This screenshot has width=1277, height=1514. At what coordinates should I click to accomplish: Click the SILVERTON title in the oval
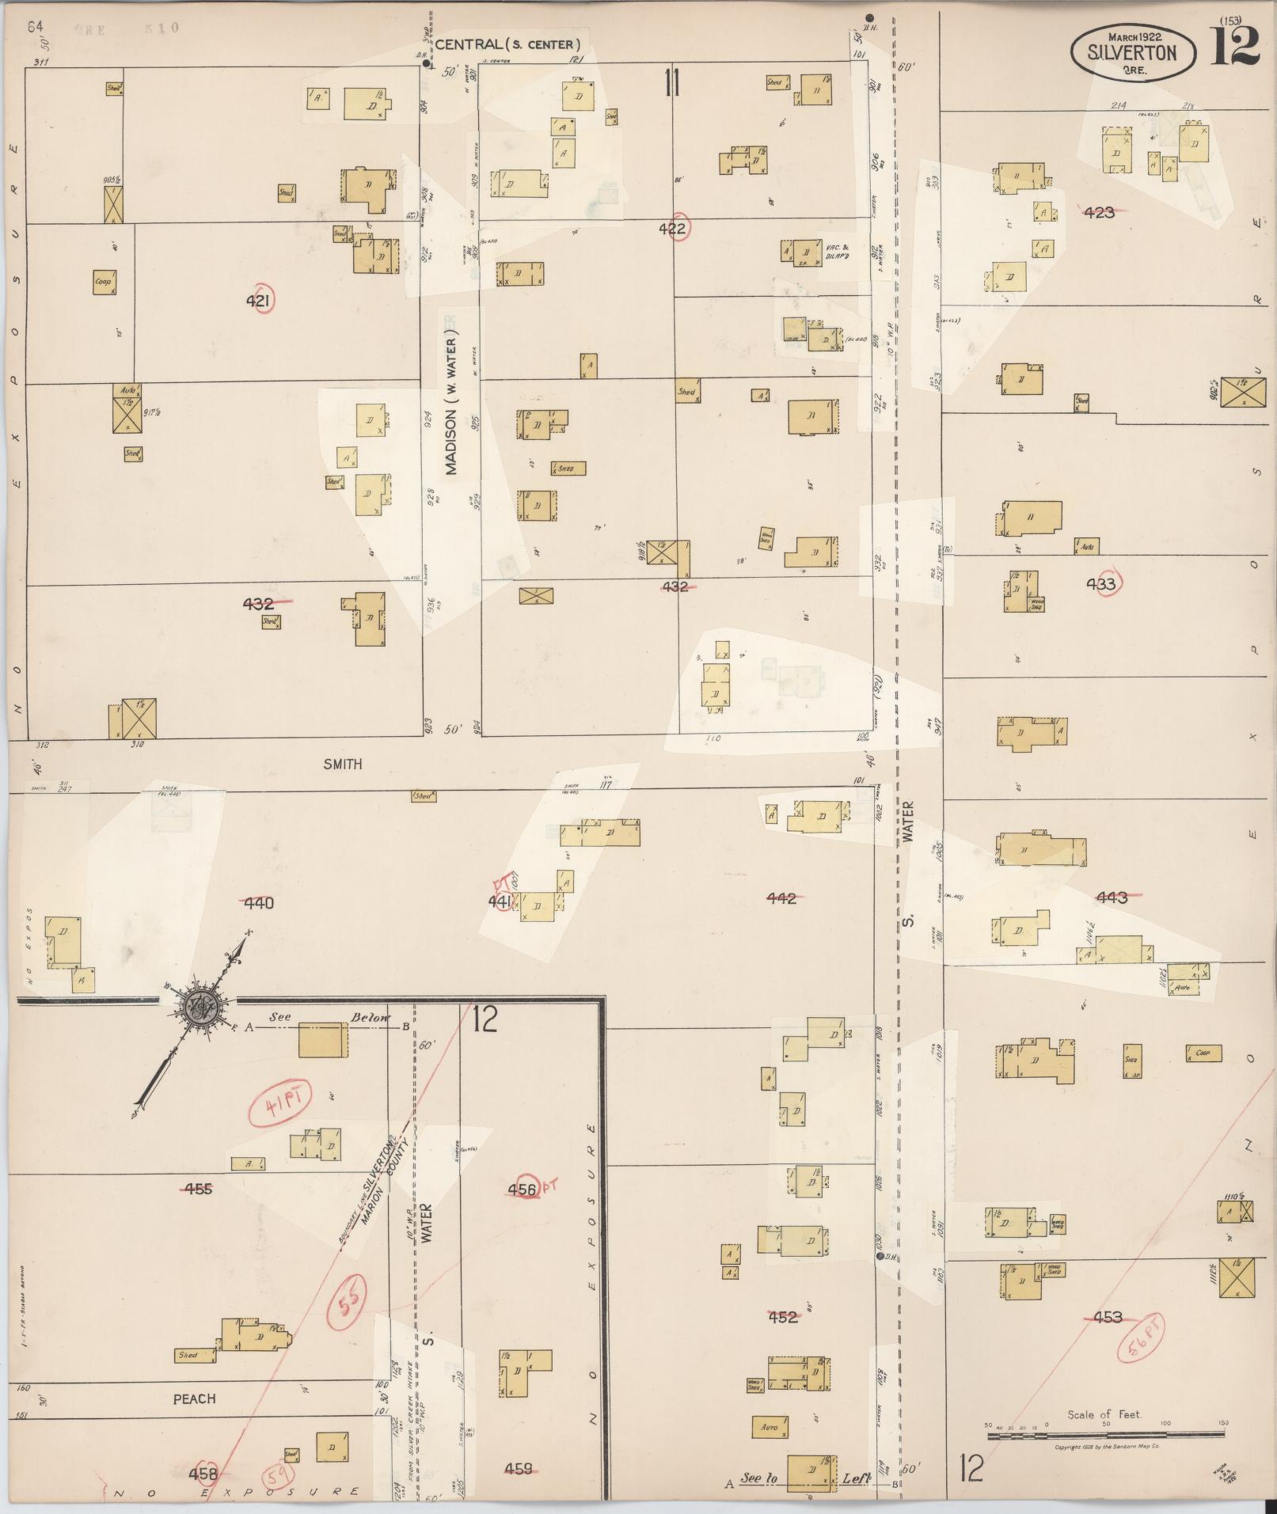click(1131, 53)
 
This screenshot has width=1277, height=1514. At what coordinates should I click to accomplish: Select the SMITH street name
click(342, 764)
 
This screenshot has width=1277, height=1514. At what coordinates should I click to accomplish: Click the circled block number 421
click(260, 300)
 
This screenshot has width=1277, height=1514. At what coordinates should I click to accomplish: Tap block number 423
click(1100, 212)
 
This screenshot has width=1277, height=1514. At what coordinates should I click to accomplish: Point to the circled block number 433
click(1100, 584)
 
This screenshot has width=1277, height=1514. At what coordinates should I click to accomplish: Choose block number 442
click(781, 897)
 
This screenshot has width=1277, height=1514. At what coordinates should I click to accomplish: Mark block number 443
click(1111, 897)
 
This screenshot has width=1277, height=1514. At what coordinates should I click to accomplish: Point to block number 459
click(519, 1469)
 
